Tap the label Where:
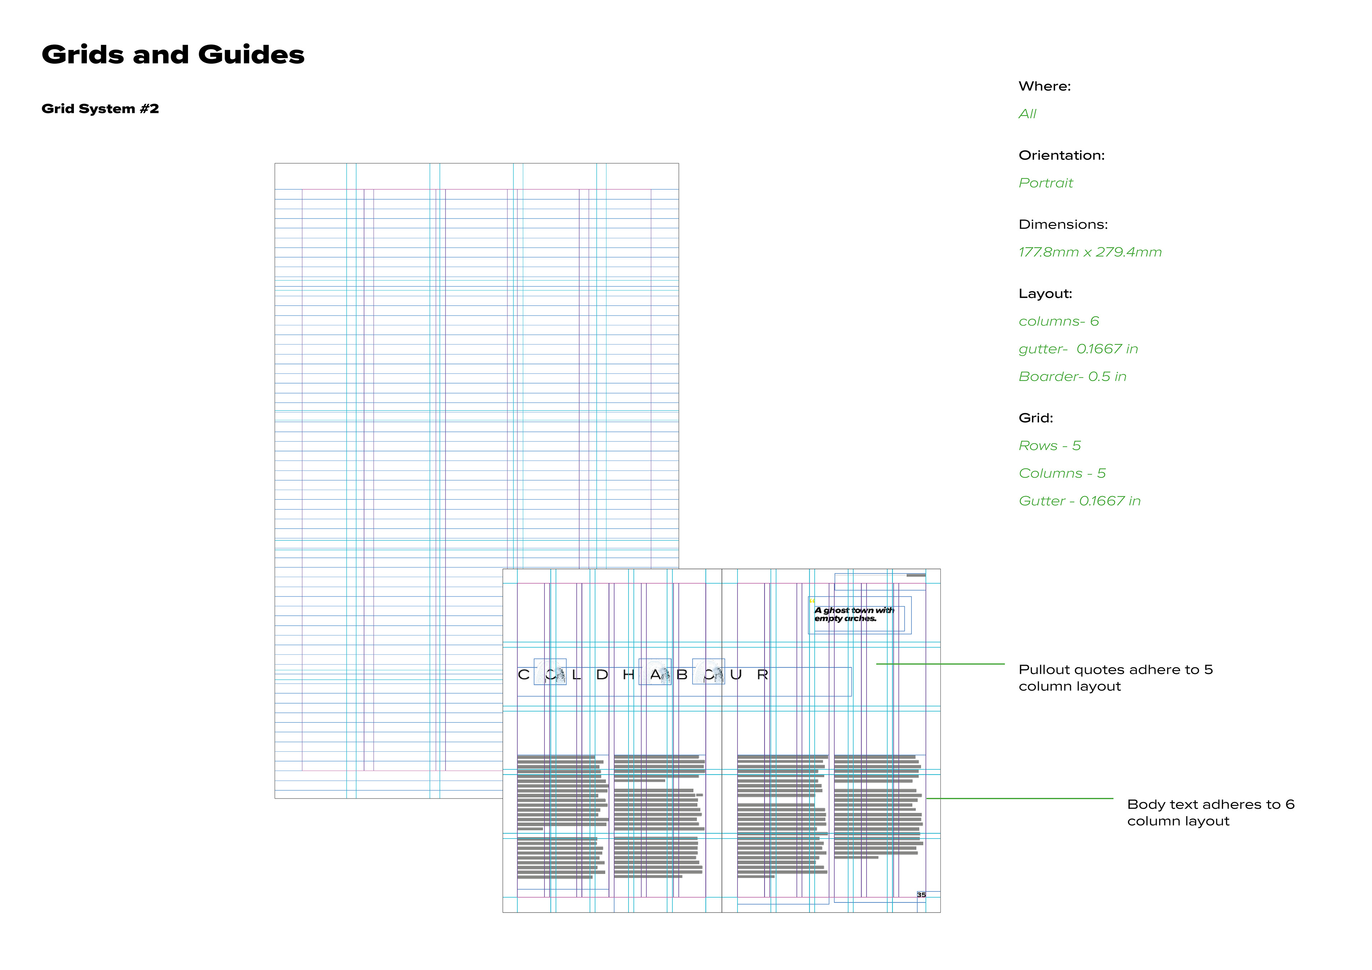[x=1044, y=86]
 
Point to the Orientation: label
[x=1061, y=156]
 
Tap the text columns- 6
[x=1058, y=321]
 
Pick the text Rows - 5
[x=1049, y=446]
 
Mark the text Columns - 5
[x=1062, y=474]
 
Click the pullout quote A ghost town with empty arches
[x=853, y=615]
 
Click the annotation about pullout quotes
[x=1115, y=678]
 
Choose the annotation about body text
[x=1210, y=813]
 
